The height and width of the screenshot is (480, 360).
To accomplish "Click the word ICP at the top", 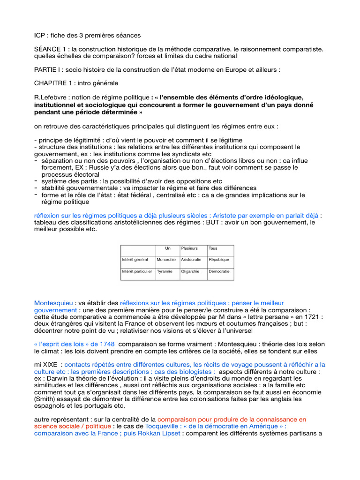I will [x=40, y=35].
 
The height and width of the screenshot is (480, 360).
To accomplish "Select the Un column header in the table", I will [x=168, y=248].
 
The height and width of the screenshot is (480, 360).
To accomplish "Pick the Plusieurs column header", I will [x=189, y=248].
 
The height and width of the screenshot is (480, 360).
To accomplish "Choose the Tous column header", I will [x=213, y=248].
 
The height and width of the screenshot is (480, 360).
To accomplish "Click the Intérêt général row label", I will [x=135, y=259].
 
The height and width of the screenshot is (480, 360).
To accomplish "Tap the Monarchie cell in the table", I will [x=166, y=259].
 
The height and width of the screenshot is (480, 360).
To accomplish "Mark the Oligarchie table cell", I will [x=190, y=271].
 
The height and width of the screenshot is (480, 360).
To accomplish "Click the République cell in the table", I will [x=219, y=259].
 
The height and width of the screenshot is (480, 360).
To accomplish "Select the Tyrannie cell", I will [x=165, y=271].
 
